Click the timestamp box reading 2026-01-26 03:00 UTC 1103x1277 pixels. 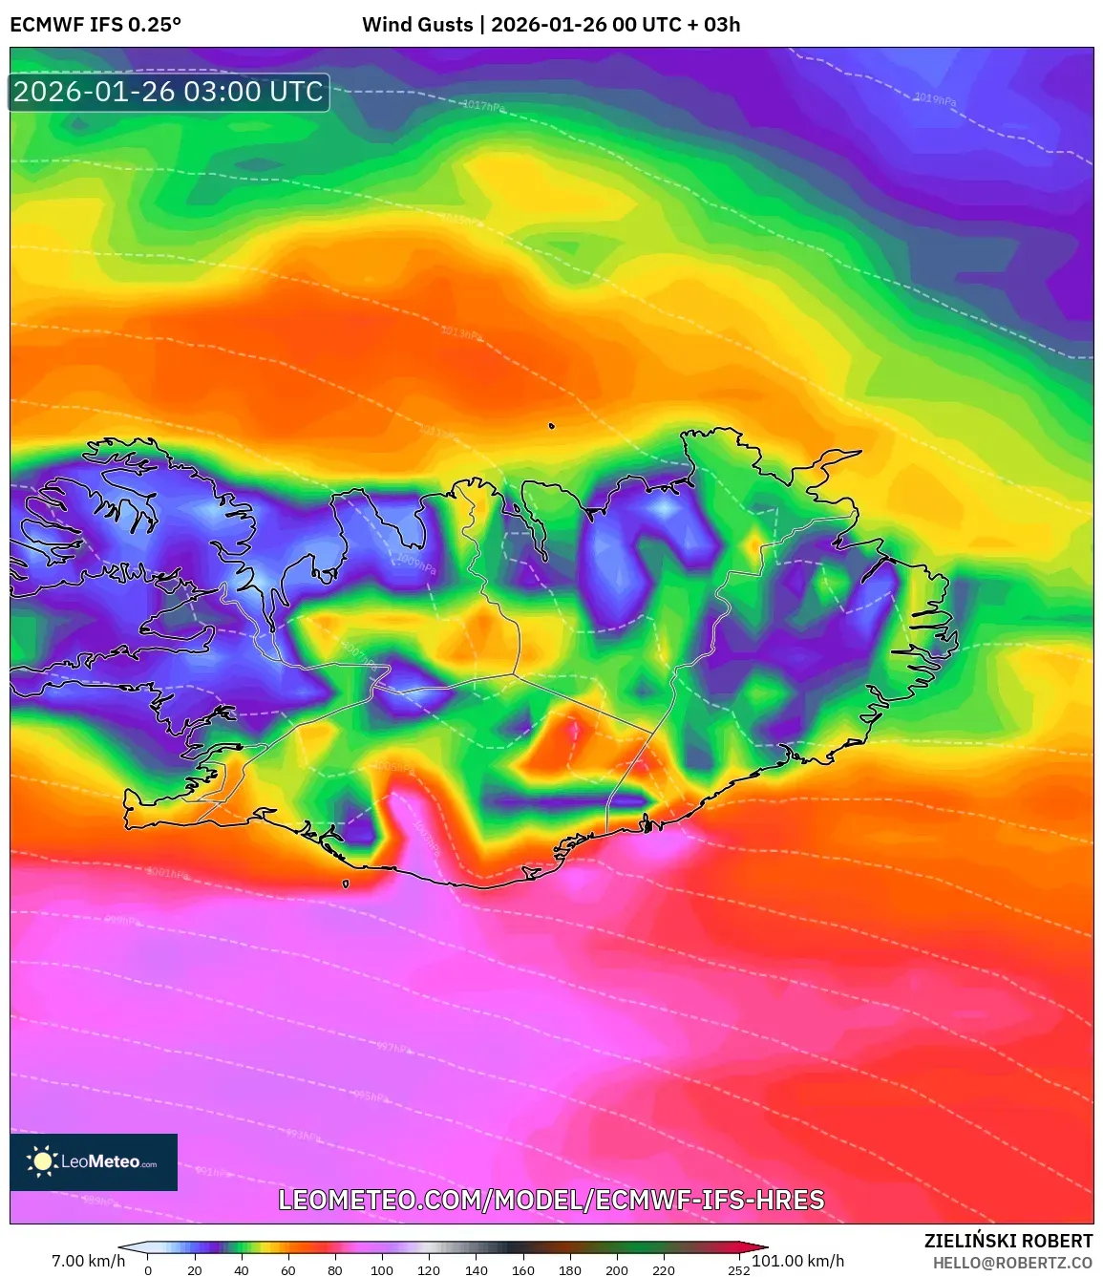169,92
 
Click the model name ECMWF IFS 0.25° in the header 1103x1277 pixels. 95,25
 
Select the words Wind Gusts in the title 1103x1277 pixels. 417,25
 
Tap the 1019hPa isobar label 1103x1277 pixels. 934,99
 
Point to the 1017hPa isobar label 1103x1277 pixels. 484,106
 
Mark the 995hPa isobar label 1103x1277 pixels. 371,1096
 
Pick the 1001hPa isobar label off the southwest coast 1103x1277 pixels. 168,873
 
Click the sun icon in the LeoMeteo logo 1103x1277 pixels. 42,1161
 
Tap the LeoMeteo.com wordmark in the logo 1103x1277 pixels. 109,1162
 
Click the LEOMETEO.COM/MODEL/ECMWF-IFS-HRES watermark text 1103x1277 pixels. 551,1200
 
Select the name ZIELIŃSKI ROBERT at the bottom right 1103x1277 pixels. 1008,1241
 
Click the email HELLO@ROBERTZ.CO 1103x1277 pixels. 1012,1263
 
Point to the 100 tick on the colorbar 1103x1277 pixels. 381,1270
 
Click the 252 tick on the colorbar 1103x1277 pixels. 738,1270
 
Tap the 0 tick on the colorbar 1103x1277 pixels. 148,1270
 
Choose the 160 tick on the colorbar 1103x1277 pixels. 522,1270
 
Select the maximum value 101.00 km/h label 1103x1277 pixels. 798,1261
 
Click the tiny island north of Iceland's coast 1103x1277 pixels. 552,427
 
